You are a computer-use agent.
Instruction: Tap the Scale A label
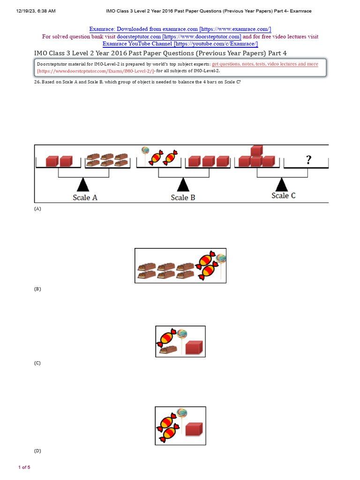coord(85,197)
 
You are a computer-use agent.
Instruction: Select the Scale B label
coord(183,197)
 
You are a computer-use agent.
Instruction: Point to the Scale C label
coord(283,195)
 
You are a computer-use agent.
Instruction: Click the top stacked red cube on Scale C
coord(256,150)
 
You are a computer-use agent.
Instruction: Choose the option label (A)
coord(37,209)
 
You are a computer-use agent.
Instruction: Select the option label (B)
coord(37,289)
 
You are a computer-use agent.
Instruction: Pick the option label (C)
coord(37,363)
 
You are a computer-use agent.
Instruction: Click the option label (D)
coord(37,451)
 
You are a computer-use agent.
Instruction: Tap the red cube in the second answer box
coord(194,348)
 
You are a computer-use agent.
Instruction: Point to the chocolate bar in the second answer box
coord(168,349)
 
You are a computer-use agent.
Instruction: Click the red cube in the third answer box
coord(194,429)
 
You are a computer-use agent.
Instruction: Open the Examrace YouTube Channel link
coord(180,44)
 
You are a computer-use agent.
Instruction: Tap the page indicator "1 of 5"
coord(24,467)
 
